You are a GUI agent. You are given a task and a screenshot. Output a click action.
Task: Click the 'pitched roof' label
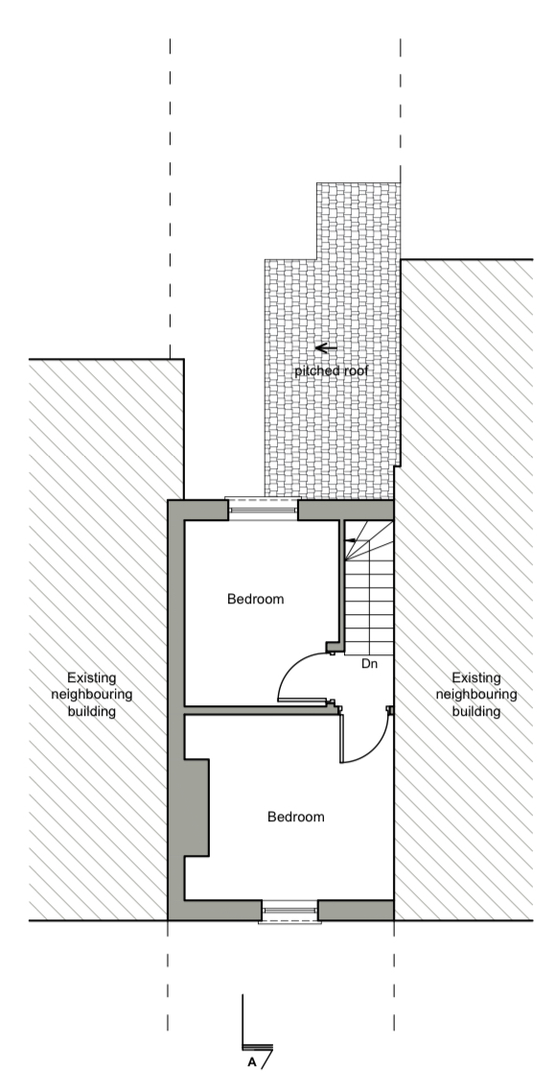tap(331, 370)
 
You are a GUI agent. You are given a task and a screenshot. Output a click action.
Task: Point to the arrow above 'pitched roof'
tap(326, 348)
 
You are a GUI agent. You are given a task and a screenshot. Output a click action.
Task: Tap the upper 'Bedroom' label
tap(256, 599)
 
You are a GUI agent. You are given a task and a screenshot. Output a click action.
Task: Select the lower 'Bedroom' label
tap(296, 817)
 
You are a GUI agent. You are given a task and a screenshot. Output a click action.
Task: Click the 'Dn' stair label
tap(369, 664)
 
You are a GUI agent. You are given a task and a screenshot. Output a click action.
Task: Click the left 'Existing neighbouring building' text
tap(92, 695)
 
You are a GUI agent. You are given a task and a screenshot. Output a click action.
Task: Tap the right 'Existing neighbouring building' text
tap(476, 695)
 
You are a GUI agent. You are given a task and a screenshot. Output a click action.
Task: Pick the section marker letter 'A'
tap(251, 1062)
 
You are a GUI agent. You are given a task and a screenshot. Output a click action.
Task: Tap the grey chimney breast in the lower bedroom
tap(197, 808)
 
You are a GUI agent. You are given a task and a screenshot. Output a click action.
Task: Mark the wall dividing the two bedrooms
tap(256, 710)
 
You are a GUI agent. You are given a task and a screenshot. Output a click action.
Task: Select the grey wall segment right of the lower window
tap(356, 910)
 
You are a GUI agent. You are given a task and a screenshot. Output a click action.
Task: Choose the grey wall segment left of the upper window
tap(198, 510)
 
